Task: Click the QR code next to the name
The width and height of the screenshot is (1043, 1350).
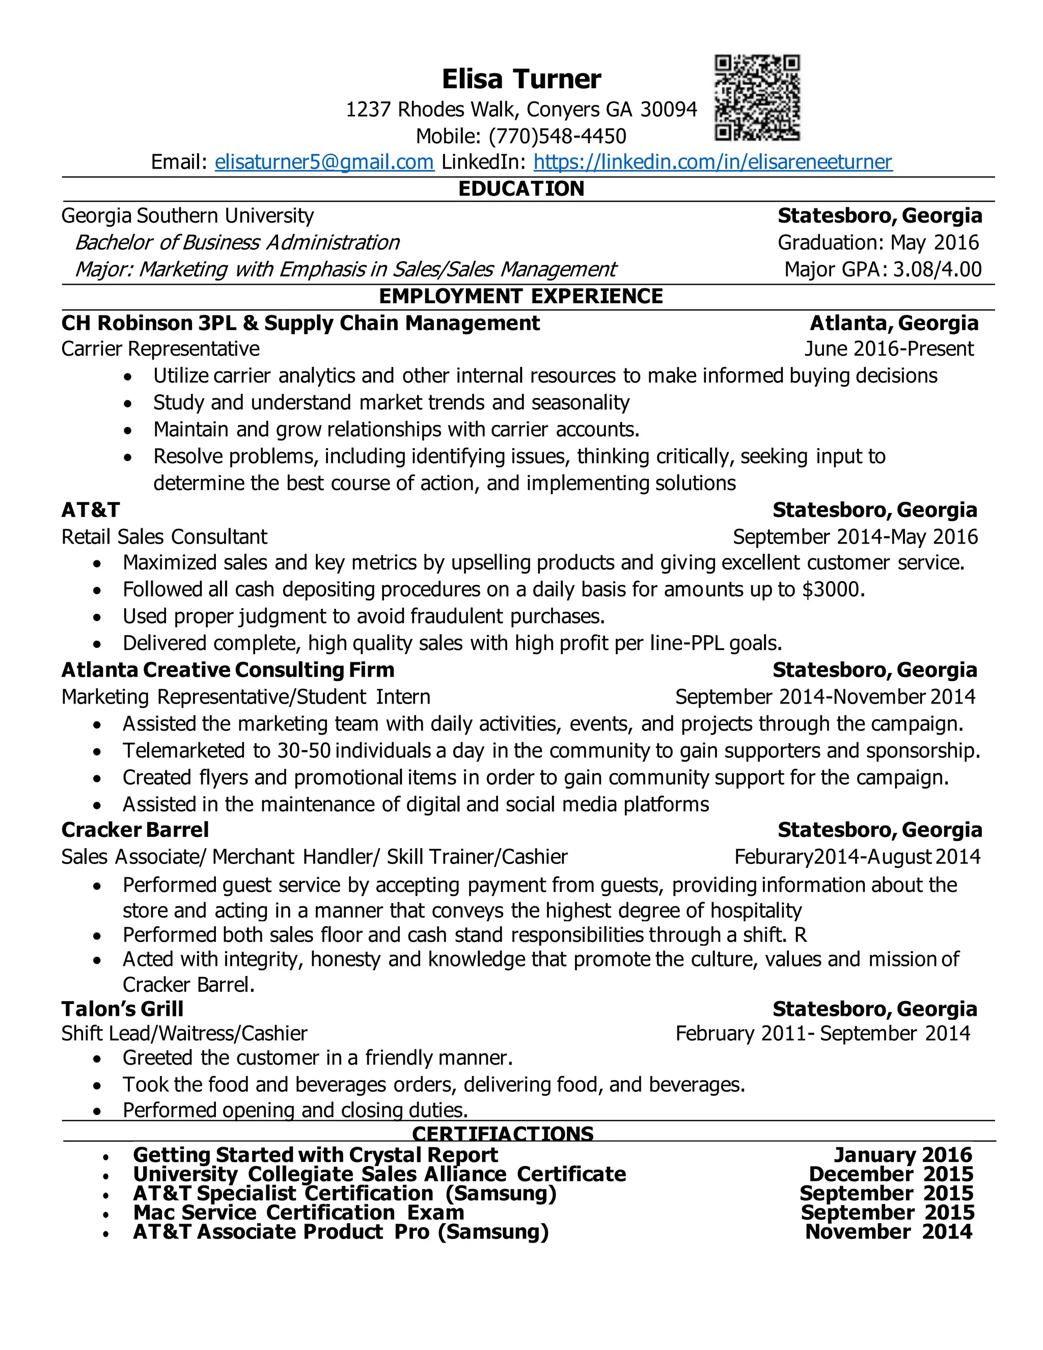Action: click(x=757, y=98)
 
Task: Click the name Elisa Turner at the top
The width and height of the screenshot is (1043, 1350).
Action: click(x=521, y=79)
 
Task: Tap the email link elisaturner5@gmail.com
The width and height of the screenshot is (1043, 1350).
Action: click(x=324, y=162)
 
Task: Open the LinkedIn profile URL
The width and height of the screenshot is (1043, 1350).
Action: click(x=712, y=162)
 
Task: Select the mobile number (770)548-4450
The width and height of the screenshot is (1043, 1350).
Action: click(x=557, y=136)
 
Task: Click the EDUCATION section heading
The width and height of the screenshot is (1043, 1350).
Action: click(x=521, y=188)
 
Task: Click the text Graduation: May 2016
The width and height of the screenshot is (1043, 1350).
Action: click(x=877, y=242)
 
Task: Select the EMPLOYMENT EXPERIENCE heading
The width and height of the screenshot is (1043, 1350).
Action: click(x=521, y=296)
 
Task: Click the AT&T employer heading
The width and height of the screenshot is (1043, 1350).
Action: click(x=90, y=510)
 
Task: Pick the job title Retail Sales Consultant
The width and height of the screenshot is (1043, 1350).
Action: click(x=164, y=536)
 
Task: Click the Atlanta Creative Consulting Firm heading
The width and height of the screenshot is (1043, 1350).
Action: click(x=227, y=670)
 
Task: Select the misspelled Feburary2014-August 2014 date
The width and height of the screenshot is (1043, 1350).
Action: click(x=857, y=857)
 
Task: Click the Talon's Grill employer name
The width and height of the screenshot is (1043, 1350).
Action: click(x=122, y=1009)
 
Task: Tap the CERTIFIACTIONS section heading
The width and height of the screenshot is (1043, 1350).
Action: click(x=502, y=1133)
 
